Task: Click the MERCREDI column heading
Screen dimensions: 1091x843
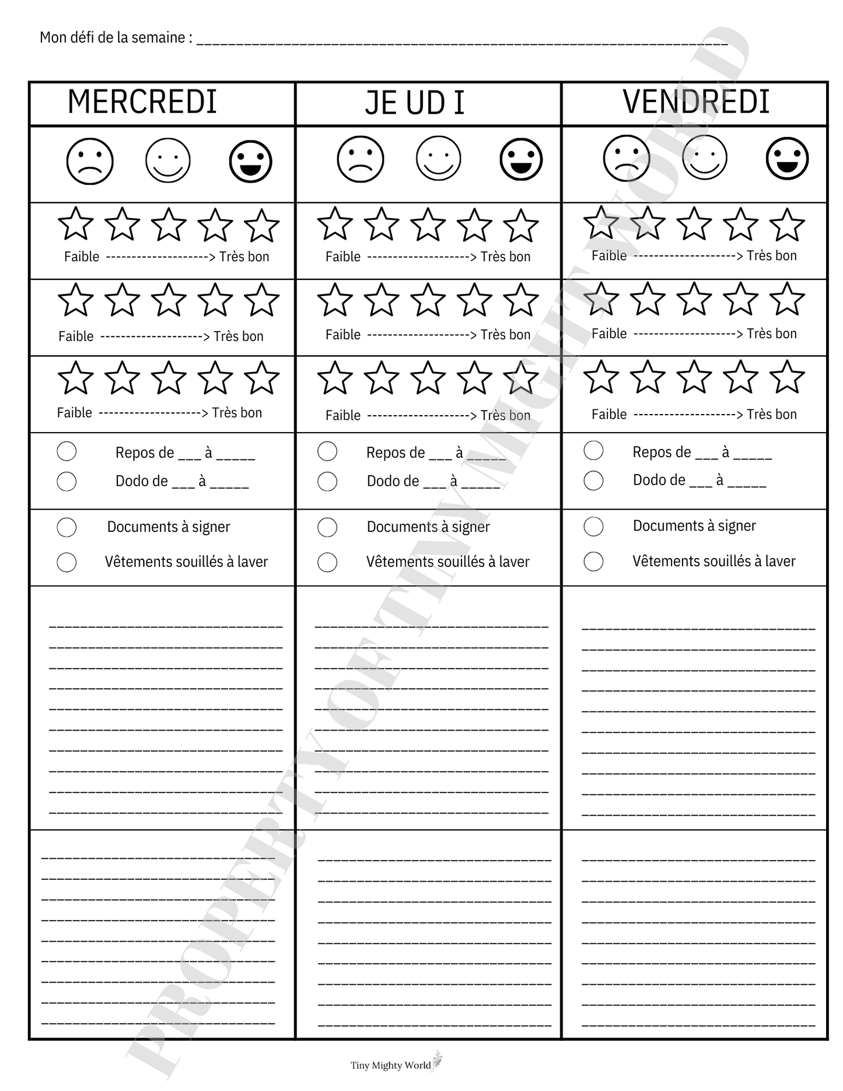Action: pyautogui.click(x=142, y=102)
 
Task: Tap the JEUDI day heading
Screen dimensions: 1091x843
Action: pyautogui.click(x=415, y=103)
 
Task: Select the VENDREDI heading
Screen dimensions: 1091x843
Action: pyautogui.click(x=696, y=101)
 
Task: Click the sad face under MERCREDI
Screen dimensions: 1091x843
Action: pyautogui.click(x=90, y=161)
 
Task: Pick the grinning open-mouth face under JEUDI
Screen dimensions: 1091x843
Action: pyautogui.click(x=521, y=159)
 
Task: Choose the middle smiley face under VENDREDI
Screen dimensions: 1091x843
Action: pyautogui.click(x=705, y=157)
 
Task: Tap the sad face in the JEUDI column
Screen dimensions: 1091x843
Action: pyautogui.click(x=361, y=159)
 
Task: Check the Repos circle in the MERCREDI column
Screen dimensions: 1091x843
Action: pyautogui.click(x=67, y=451)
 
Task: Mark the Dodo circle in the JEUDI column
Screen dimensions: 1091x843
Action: pyautogui.click(x=327, y=482)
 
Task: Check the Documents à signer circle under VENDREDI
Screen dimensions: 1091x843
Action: pyautogui.click(x=593, y=527)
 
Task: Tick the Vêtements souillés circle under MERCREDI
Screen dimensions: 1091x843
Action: pyautogui.click(x=67, y=562)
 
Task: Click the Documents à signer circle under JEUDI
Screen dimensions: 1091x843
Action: pyautogui.click(x=327, y=528)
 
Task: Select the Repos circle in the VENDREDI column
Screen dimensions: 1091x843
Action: pyautogui.click(x=593, y=451)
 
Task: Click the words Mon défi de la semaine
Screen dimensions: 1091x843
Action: pyautogui.click(x=116, y=38)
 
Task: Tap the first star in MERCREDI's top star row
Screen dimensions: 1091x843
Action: pyautogui.click(x=76, y=224)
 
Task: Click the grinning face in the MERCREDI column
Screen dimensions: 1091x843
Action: pyautogui.click(x=250, y=161)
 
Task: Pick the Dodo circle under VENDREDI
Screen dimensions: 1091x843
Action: pyautogui.click(x=593, y=480)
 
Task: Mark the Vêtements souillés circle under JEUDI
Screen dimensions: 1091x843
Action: pyautogui.click(x=327, y=562)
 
